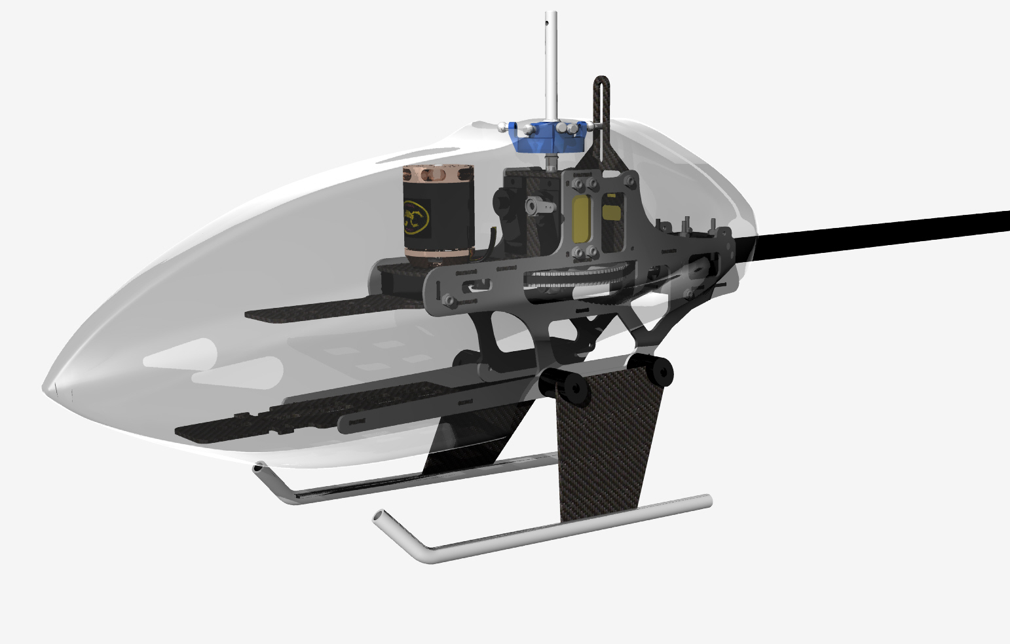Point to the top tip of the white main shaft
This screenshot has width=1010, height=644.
tap(552, 14)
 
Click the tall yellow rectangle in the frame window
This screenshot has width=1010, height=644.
tap(582, 220)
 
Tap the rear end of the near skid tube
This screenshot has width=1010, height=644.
tap(707, 500)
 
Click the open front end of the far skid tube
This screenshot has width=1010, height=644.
tap(259, 468)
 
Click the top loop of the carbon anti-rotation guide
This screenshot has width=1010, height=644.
tap(602, 83)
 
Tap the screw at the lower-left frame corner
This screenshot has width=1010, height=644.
tap(449, 300)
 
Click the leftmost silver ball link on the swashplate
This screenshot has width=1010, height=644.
tap(502, 127)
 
